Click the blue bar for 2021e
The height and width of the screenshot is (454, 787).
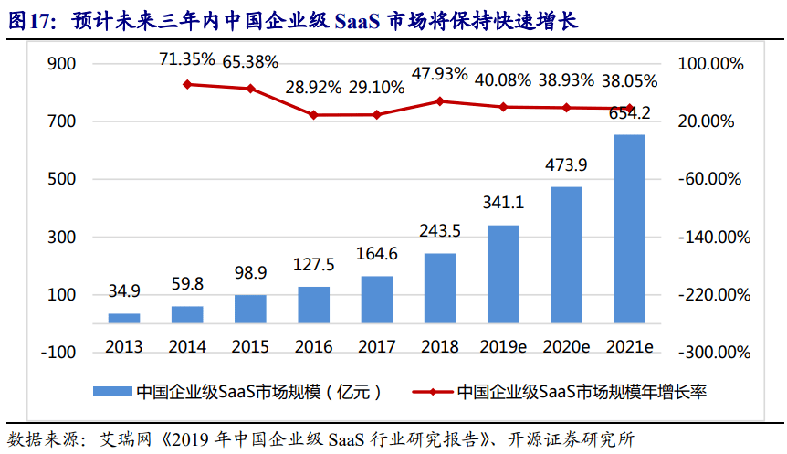tap(629, 228)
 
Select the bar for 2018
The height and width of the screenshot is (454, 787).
tap(440, 288)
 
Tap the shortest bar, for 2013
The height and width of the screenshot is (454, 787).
tap(124, 318)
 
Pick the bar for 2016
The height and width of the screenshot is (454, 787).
tap(313, 305)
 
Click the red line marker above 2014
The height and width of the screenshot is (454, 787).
tap(187, 84)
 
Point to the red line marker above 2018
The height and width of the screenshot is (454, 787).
tap(440, 100)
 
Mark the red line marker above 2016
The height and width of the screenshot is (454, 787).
tap(313, 115)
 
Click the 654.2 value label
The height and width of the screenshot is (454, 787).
tap(628, 113)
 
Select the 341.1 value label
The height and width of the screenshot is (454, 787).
tap(503, 203)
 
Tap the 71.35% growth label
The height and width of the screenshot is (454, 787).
tap(187, 60)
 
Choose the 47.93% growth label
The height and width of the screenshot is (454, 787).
tap(439, 74)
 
